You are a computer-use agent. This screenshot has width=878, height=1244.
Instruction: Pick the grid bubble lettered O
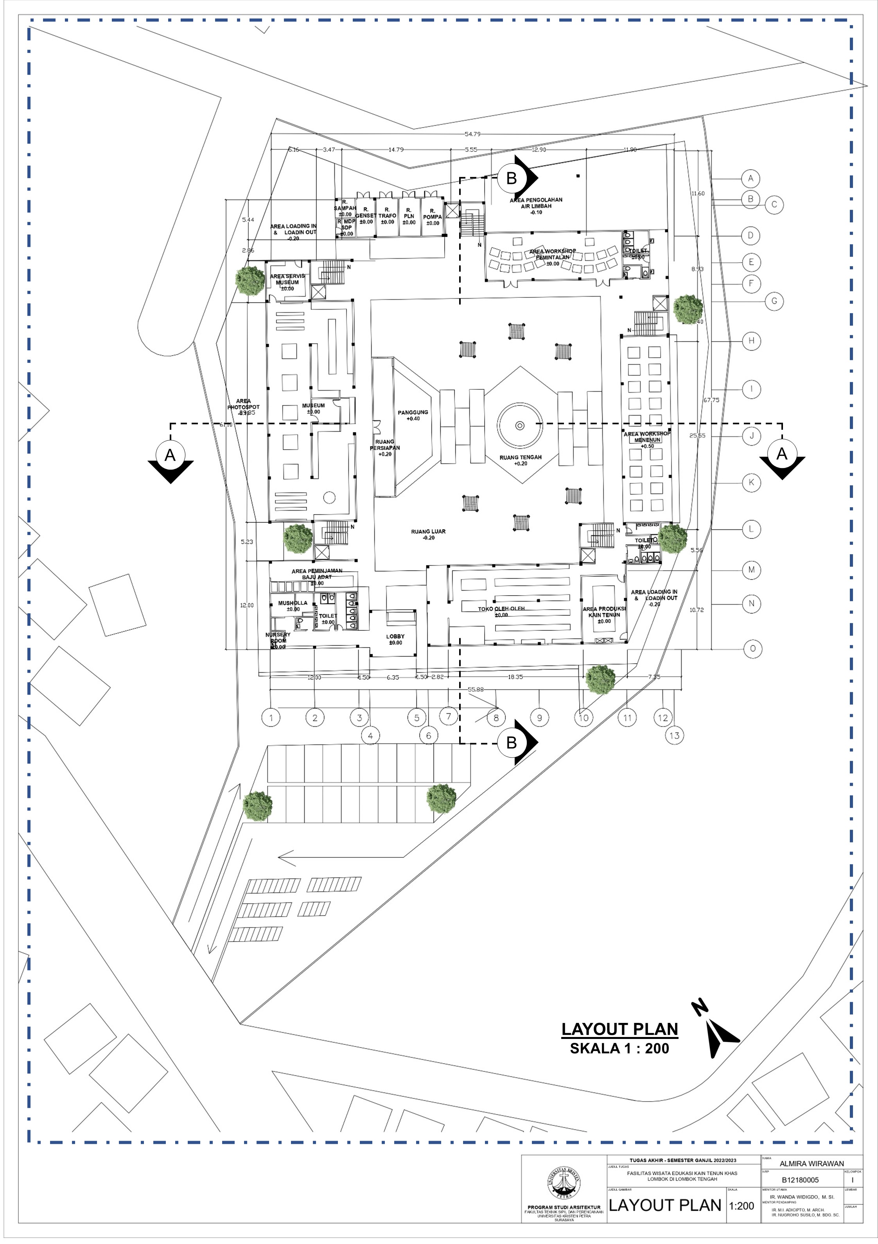[x=752, y=648]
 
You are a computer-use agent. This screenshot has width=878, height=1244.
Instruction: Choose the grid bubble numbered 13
[x=674, y=735]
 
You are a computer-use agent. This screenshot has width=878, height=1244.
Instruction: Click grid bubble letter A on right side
[x=751, y=178]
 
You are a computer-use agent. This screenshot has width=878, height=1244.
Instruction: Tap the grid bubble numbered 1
[x=271, y=718]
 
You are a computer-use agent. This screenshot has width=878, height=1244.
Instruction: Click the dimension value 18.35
[x=515, y=677]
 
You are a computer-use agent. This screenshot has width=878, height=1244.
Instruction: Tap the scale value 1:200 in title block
[x=742, y=1206]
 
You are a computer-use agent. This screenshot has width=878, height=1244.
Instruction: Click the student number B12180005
[x=800, y=1179]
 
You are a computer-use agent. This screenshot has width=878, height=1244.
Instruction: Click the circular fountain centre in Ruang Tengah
[x=519, y=425]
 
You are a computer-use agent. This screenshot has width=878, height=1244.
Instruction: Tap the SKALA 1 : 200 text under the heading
[x=619, y=1048]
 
